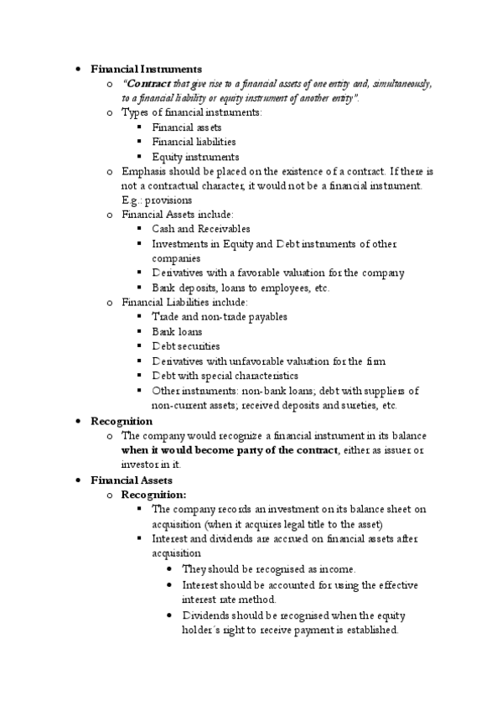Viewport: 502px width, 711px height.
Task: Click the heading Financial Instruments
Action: click(x=146, y=69)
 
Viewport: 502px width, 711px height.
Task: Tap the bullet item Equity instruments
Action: click(x=195, y=157)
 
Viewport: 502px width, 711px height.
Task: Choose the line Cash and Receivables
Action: click(x=200, y=229)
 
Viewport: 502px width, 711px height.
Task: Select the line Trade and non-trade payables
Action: click(x=219, y=317)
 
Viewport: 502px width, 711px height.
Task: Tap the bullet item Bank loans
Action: click(x=177, y=331)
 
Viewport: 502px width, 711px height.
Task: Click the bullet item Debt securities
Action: click(x=185, y=346)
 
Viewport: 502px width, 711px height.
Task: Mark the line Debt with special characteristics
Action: click(x=225, y=376)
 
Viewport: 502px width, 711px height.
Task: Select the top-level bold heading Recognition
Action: click(x=122, y=421)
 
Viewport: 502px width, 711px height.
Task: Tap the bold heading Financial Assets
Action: click(x=131, y=480)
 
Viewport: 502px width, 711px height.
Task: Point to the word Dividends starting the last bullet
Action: click(x=206, y=615)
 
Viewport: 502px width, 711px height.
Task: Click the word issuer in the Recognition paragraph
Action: click(x=396, y=450)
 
